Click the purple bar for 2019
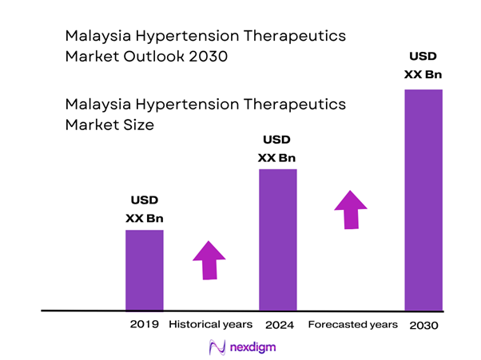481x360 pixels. click(x=145, y=270)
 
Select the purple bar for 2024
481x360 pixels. click(x=277, y=239)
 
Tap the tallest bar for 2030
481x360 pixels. click(x=423, y=200)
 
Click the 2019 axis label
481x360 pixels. click(x=145, y=325)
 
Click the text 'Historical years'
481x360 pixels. click(x=210, y=325)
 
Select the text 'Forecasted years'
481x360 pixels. click(x=352, y=325)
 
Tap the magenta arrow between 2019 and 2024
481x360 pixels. click(x=209, y=259)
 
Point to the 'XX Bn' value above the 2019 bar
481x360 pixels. click(x=145, y=218)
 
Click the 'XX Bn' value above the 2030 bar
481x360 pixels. click(x=423, y=75)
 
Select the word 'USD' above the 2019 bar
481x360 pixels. click(x=145, y=200)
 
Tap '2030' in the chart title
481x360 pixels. click(x=206, y=57)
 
